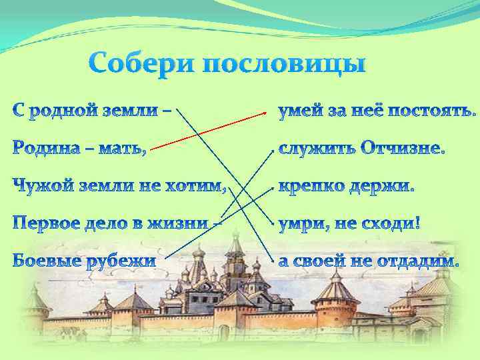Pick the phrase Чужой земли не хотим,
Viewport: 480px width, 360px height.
pyautogui.click(x=119, y=187)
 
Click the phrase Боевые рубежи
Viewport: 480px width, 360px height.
pyautogui.click(x=84, y=261)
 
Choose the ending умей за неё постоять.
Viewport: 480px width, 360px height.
pyautogui.click(x=377, y=111)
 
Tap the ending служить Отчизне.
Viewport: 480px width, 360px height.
pyautogui.click(x=361, y=149)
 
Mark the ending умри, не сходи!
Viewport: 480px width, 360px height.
pyautogui.click(x=349, y=223)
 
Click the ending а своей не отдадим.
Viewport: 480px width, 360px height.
pyautogui.click(x=369, y=261)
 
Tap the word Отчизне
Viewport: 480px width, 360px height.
pyautogui.click(x=402, y=149)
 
